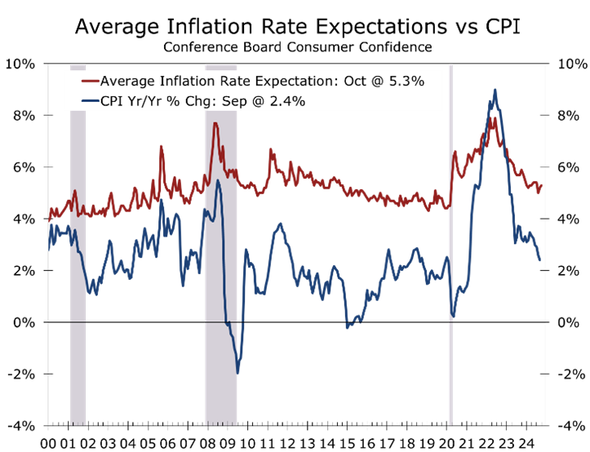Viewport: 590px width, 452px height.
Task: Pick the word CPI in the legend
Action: click(113, 101)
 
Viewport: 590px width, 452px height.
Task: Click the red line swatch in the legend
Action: click(89, 82)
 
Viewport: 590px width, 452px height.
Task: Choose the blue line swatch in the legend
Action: click(89, 101)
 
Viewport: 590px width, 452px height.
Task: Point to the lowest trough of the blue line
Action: click(238, 373)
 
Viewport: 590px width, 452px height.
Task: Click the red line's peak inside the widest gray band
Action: click(215, 123)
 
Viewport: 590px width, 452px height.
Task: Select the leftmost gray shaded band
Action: click(78, 245)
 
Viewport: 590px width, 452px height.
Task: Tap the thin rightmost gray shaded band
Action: click(450, 245)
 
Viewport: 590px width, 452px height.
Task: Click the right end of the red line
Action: click(541, 184)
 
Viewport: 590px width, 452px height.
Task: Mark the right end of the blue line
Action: click(540, 260)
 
